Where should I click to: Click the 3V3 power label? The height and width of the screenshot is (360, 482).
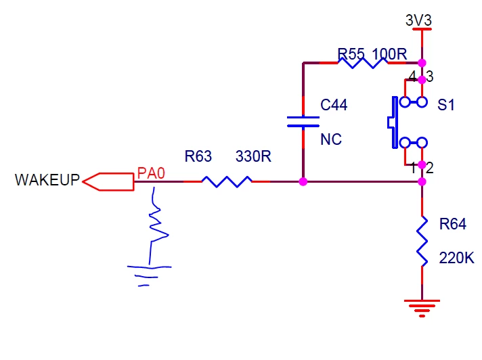418,20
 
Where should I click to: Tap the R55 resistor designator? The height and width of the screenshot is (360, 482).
351,54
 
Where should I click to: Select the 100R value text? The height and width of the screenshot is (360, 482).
389,54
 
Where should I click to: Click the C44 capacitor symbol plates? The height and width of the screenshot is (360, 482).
303,122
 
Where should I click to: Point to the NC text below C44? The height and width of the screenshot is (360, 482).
331,139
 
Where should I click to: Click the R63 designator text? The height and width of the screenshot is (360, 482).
198,156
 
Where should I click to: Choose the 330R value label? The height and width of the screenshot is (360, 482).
253,156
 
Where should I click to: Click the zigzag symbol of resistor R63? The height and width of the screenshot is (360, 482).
227,181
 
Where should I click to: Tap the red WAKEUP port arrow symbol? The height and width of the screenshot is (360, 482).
108,182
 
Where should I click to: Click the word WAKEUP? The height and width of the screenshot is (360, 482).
47,180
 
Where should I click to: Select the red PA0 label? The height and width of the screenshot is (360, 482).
151,173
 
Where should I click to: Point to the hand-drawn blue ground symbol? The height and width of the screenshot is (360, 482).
149,275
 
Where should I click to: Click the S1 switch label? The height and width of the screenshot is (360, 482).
445,105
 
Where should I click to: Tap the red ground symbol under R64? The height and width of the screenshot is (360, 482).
422,308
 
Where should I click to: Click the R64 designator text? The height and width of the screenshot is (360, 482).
453,224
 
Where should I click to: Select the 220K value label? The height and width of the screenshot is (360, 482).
457,258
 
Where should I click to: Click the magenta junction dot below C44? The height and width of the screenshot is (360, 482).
303,182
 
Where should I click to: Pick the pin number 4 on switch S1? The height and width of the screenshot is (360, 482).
412,76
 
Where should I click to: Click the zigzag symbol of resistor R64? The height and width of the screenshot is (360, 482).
422,242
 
